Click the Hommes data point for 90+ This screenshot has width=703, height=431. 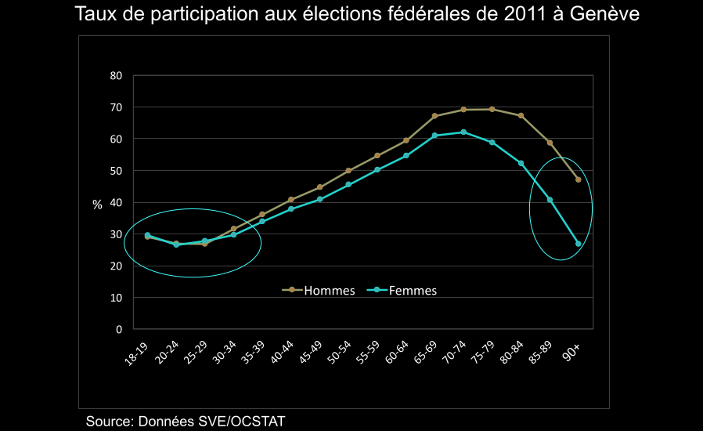[x=578, y=179]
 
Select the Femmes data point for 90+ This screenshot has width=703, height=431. [x=578, y=244]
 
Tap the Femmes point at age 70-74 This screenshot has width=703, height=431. [x=463, y=132]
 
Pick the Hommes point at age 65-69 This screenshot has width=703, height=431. [x=434, y=116]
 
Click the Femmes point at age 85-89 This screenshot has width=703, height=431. [x=550, y=200]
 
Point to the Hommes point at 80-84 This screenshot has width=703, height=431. [x=521, y=116]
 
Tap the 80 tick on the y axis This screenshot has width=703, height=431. [x=116, y=76]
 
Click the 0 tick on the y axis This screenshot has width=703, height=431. [x=119, y=330]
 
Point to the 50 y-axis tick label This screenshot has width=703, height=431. [x=116, y=171]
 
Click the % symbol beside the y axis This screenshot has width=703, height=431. [x=97, y=205]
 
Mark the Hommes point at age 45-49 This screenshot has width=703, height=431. [x=319, y=187]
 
